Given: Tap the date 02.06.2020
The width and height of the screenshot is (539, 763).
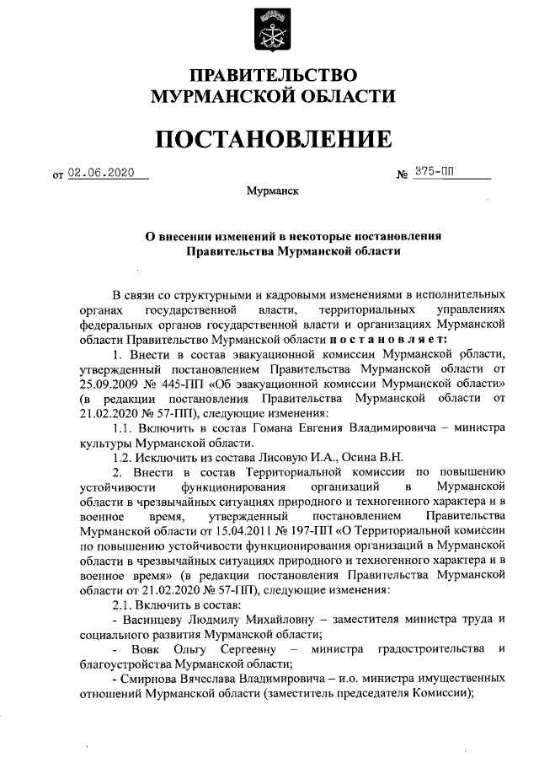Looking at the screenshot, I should click(x=102, y=174).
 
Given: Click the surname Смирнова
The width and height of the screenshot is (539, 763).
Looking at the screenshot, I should click(x=156, y=680).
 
